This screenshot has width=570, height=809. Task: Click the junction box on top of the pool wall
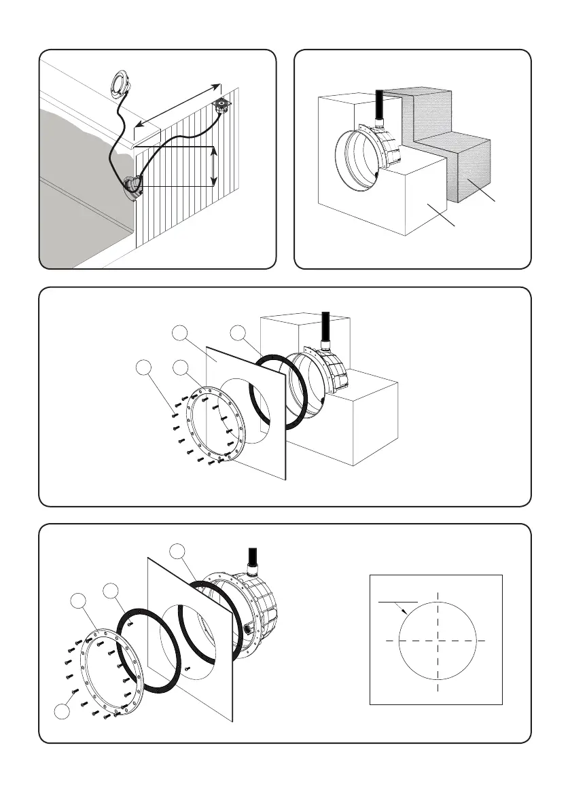[x=220, y=105]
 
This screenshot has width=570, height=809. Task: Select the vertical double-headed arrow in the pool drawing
[x=214, y=166]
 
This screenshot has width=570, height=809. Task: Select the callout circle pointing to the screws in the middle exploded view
[x=143, y=368]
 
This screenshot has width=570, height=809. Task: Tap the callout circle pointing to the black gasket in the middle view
[x=237, y=333]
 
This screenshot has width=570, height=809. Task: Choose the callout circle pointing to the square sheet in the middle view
[x=180, y=333]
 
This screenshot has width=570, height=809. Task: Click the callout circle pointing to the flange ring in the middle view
[x=180, y=368]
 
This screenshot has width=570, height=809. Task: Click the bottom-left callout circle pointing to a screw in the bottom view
[x=62, y=712]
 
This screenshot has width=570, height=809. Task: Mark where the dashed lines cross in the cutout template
[x=438, y=640]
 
